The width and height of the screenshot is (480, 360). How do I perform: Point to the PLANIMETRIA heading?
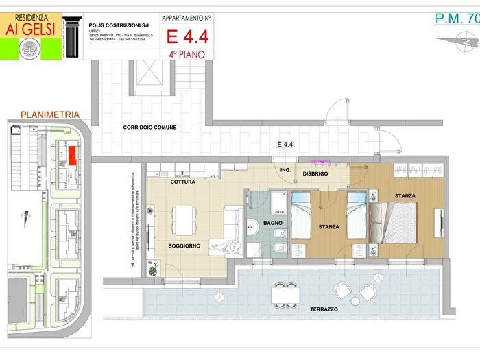[50, 115]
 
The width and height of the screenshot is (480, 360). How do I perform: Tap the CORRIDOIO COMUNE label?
[149, 128]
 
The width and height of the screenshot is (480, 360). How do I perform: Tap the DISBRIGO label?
[315, 174]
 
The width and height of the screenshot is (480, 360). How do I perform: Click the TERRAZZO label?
[323, 309]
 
